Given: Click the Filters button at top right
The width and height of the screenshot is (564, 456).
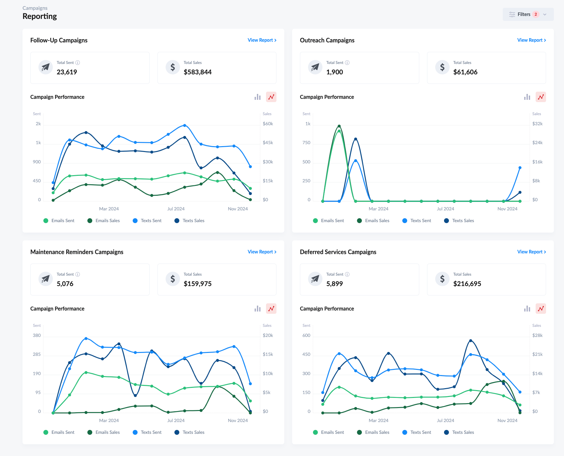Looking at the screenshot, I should pos(527,14).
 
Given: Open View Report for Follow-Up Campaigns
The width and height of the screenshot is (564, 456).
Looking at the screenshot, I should pos(262,40).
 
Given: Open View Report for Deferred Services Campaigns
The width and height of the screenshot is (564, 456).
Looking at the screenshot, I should pos(531,252).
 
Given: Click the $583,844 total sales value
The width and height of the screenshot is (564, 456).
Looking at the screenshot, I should pos(198,72).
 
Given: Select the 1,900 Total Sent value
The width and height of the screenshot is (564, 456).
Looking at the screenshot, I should pos(334,72).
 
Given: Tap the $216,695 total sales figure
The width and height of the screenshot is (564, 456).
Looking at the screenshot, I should pos(467,284).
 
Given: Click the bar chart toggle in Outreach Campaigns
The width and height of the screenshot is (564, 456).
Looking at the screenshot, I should pos(527,97).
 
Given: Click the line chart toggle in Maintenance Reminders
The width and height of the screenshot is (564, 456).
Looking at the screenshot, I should pos(271,309).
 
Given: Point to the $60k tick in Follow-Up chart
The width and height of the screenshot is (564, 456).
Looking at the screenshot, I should pos(268,124).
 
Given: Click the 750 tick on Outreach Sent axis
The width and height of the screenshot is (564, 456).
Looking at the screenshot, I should pos(306,143).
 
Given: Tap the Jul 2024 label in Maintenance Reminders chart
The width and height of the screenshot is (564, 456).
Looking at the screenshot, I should pos(176,420).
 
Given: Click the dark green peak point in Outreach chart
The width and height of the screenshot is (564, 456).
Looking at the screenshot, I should pos(339,126).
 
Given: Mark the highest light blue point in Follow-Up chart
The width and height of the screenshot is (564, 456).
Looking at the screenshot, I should pos(185,126).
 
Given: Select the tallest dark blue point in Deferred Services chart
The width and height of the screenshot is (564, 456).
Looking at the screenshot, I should pos(470,341).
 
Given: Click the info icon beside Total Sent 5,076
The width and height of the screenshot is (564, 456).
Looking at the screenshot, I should pos(78,274).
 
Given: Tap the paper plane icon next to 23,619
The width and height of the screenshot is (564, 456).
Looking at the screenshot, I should pos(46,68).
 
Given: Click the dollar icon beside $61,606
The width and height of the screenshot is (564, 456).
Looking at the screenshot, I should pos(442,68).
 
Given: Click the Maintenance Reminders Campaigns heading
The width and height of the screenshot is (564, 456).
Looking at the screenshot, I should pos(77,252).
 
